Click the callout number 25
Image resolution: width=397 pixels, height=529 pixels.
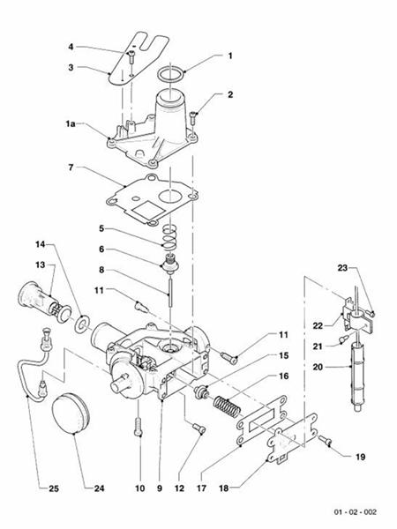click(x=30, y=488)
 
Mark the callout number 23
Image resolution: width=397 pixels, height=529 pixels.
click(x=343, y=267)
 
